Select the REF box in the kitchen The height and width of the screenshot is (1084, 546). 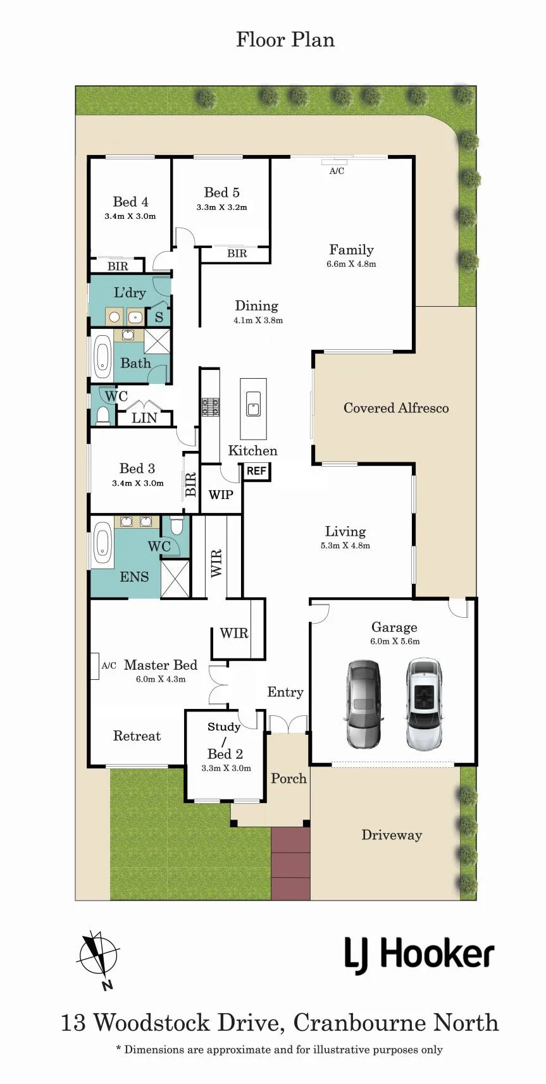click(256, 471)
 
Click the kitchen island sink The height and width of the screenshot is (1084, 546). click(253, 403)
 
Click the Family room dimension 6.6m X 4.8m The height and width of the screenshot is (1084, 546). click(351, 264)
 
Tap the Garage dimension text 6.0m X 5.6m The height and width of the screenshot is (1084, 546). click(395, 641)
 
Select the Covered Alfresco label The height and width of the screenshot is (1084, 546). click(396, 408)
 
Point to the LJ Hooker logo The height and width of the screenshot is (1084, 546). click(419, 955)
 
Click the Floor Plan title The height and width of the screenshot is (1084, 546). click(285, 40)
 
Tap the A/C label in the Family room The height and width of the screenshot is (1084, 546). click(337, 171)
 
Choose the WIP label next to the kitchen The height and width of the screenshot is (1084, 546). click(221, 495)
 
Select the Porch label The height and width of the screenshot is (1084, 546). click(289, 779)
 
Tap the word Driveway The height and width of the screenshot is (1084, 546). click(392, 835)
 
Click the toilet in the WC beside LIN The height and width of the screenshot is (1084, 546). click(102, 416)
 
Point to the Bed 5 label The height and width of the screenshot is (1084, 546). click(221, 192)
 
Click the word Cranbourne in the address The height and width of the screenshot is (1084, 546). click(359, 1023)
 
